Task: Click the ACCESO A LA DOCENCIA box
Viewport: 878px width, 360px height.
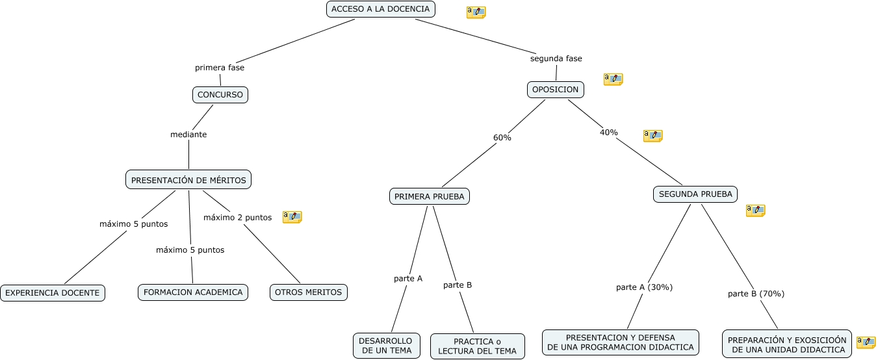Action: click(381, 9)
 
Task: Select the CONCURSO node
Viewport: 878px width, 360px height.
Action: click(220, 95)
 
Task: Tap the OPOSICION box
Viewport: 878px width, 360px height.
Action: click(556, 90)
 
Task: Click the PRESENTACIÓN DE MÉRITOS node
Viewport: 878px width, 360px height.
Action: click(188, 180)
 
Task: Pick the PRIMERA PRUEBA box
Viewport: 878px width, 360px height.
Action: click(430, 197)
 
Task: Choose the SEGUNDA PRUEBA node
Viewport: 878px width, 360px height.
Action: click(695, 194)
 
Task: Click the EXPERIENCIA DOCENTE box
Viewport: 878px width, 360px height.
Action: click(53, 293)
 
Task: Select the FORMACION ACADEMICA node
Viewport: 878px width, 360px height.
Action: click(193, 292)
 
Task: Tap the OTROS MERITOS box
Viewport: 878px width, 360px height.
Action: click(309, 292)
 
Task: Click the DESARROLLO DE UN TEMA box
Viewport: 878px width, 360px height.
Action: click(387, 346)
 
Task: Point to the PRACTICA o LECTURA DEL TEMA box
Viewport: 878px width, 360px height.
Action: click(478, 346)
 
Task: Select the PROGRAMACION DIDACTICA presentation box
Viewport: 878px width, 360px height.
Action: click(621, 342)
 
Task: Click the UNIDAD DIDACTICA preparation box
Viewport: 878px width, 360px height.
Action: click(787, 344)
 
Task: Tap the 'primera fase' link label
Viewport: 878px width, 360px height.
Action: click(220, 68)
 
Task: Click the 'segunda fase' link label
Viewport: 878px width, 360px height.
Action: click(556, 58)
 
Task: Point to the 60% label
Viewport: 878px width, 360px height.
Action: click(502, 138)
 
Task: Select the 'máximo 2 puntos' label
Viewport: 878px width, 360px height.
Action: click(237, 218)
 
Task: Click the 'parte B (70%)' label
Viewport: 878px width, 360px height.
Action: click(756, 294)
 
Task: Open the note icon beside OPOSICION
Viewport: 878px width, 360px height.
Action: click(613, 79)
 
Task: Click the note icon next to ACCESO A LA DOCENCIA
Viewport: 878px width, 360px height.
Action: click(476, 12)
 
